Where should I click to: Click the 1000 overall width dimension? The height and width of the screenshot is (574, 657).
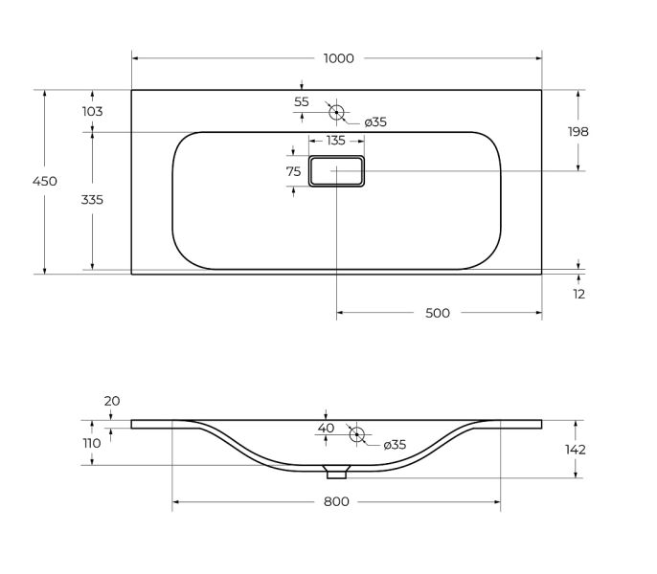tap(339, 58)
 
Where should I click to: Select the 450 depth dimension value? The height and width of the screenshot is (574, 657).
tap(45, 181)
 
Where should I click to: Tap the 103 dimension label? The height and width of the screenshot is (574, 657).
tap(92, 111)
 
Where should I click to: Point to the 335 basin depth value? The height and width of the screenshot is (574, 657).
tap(92, 200)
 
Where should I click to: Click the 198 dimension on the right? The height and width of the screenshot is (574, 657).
tap(578, 131)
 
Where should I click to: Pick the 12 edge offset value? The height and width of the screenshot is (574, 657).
tap(578, 294)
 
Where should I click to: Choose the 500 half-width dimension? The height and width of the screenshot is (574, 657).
tap(438, 313)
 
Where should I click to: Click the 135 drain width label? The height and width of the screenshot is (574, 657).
tap(335, 141)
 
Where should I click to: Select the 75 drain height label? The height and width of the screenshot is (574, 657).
tap(293, 171)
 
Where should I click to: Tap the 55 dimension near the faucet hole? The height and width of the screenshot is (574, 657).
tap(302, 101)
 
